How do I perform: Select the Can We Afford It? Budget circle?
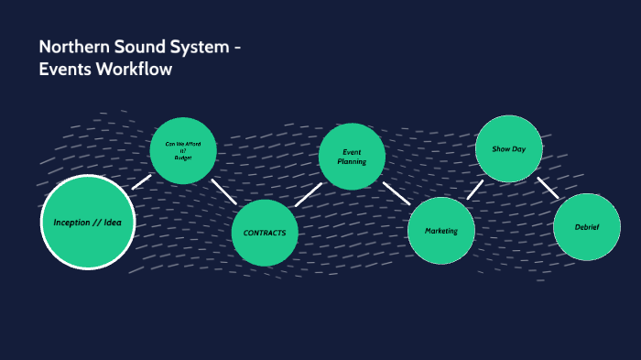(183, 151)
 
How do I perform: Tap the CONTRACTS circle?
(266, 233)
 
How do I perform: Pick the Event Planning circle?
(353, 156)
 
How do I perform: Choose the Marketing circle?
(440, 231)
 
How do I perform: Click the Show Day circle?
(508, 148)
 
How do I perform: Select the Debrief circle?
(587, 227)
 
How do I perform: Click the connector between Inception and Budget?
(141, 182)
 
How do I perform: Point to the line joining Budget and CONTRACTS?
(223, 191)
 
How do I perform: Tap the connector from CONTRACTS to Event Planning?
(309, 195)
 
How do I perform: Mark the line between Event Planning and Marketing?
(397, 192)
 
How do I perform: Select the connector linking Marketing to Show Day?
(475, 190)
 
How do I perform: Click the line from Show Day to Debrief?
(548, 187)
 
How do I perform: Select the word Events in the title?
(62, 69)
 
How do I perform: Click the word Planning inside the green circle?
(353, 161)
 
